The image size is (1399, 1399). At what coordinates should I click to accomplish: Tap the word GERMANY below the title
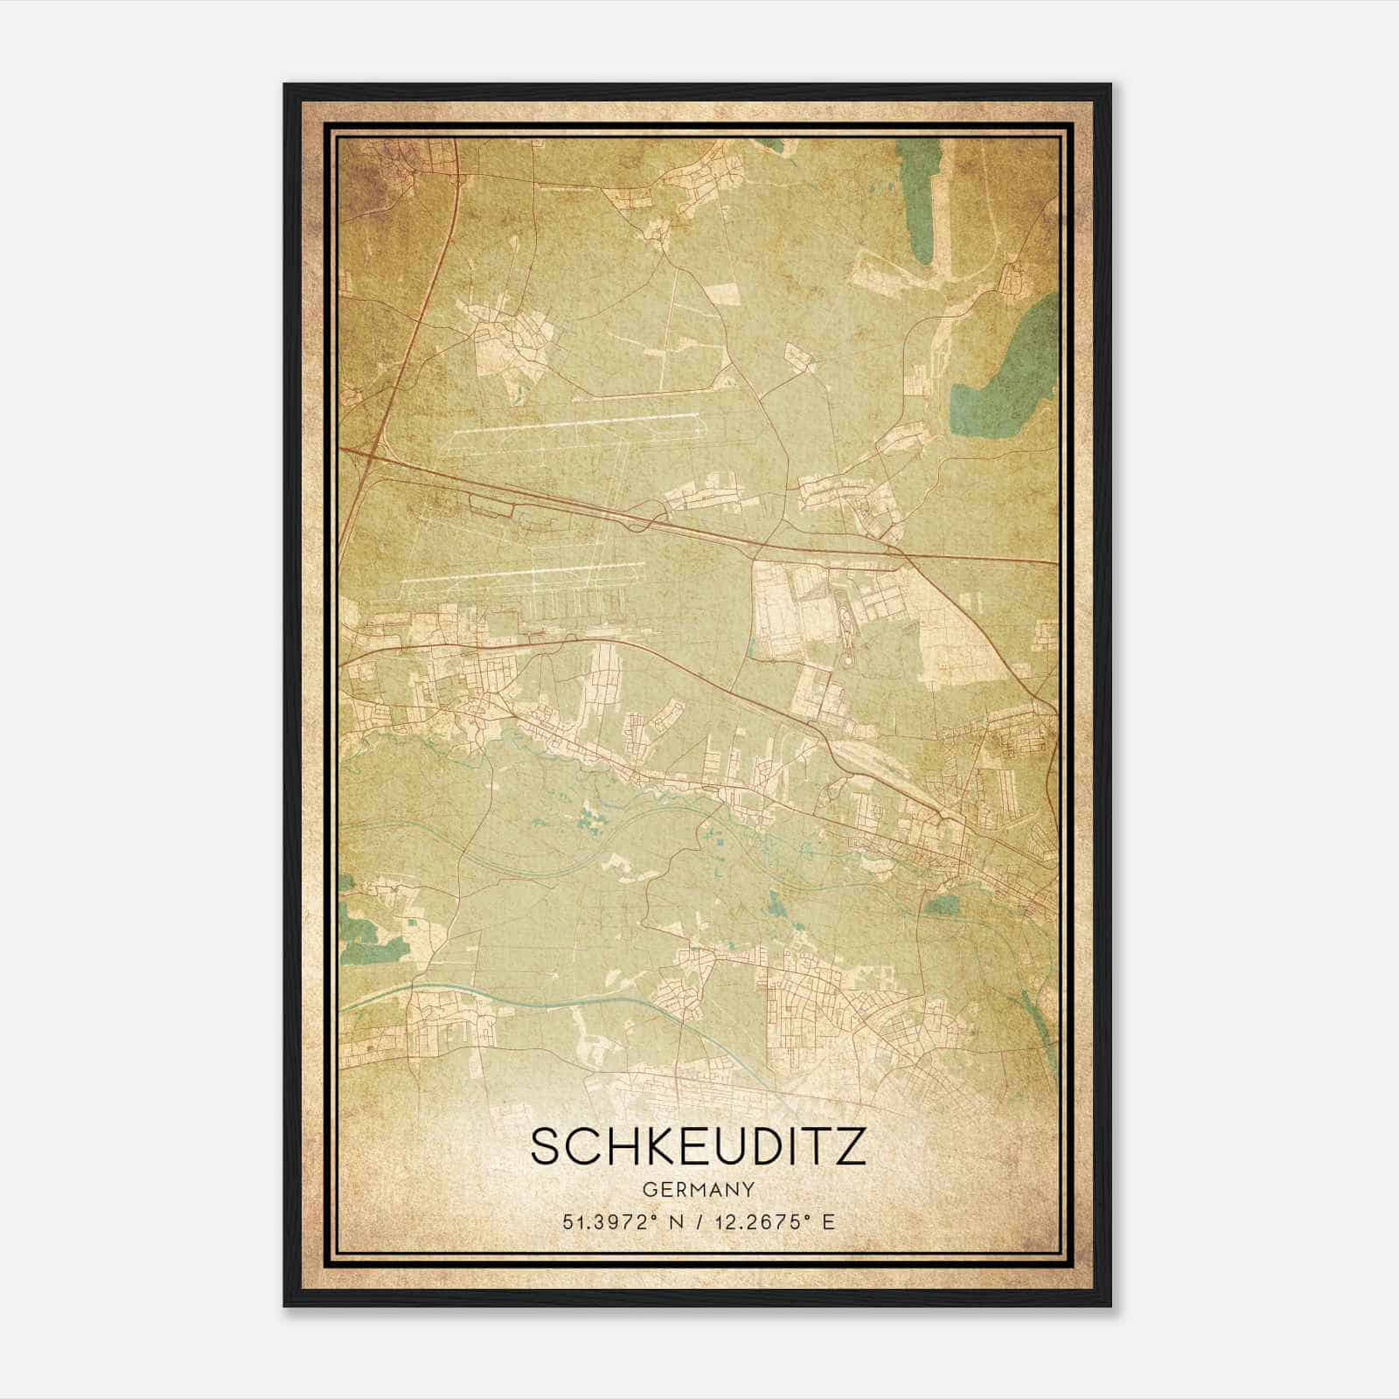tap(698, 1189)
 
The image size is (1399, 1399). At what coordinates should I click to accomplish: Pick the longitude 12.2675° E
tap(775, 1222)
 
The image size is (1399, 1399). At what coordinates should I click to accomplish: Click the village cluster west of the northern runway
tap(512, 337)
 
